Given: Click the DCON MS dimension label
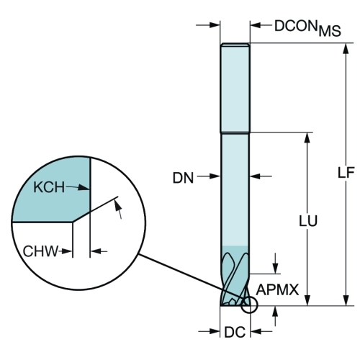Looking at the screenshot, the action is click(307, 28).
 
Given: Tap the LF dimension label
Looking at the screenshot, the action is click(346, 172).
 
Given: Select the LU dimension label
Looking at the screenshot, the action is click(308, 221).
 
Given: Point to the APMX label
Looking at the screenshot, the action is click(277, 289).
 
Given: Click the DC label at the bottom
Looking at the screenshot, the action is click(235, 332).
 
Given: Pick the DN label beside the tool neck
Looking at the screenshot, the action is click(183, 178).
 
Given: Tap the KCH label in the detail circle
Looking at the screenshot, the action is click(49, 187).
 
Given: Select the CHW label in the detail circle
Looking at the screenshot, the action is click(40, 251).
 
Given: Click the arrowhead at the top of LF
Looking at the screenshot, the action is click(346, 49).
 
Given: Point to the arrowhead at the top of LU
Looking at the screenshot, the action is click(307, 138).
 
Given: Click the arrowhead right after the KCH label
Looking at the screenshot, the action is click(84, 187).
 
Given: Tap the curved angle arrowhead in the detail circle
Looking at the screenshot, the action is click(117, 205).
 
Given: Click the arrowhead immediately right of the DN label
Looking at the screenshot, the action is click(215, 176).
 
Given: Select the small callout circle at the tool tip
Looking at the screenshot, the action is click(249, 305).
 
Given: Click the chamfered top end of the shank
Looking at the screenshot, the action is click(235, 45).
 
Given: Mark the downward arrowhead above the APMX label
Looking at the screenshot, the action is click(276, 268).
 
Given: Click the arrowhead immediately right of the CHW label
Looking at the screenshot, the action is click(67, 251).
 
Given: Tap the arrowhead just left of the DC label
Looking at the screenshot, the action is click(215, 331).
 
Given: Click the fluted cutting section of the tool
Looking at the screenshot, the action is click(235, 276).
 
